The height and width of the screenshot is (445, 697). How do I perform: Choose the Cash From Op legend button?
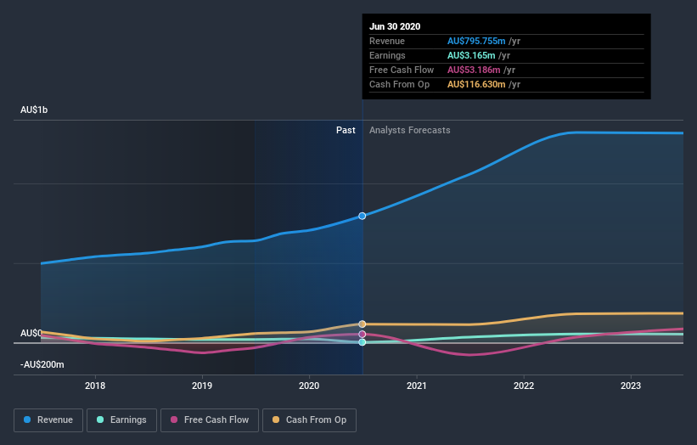(x=309, y=420)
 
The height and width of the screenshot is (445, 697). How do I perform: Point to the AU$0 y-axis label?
(x=31, y=333)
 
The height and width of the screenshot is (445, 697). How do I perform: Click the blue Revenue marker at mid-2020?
(x=363, y=216)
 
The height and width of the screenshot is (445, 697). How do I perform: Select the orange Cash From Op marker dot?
(x=363, y=324)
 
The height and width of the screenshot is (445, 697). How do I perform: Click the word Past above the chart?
(x=346, y=130)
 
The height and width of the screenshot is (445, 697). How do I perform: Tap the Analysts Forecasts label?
(x=410, y=130)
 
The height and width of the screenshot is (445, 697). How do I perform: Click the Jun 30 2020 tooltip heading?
(x=394, y=26)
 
